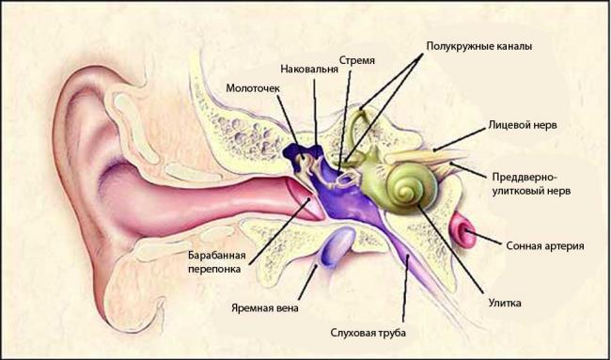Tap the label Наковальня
(314, 69)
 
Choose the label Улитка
(505, 303)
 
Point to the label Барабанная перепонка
(216, 260)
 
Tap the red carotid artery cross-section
(464, 229)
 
